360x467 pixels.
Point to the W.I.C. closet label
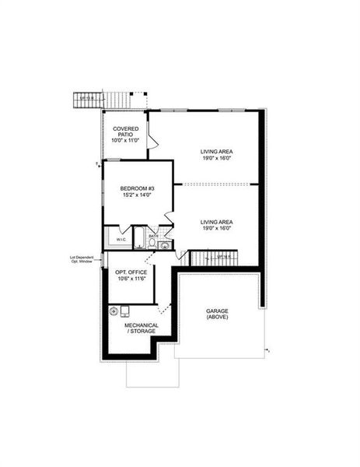click(x=121, y=240)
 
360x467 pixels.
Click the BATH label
click(x=153, y=236)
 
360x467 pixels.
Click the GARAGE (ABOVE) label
click(x=217, y=314)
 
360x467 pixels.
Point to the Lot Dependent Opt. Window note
click(x=81, y=259)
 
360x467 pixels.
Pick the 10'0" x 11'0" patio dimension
click(x=125, y=141)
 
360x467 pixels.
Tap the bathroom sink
click(x=163, y=245)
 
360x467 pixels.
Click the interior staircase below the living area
click(x=211, y=257)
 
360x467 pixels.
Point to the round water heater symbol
click(x=115, y=311)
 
